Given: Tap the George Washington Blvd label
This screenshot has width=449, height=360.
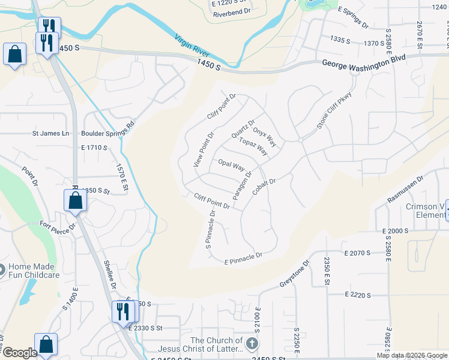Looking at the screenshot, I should click(364, 62).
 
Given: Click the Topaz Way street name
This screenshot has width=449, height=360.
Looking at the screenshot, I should click(253, 147).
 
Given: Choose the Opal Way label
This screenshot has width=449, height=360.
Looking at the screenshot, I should click(231, 164).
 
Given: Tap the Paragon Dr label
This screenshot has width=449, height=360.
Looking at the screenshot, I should click(242, 185).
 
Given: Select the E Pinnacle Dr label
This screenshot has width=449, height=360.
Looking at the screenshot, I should click(244, 259).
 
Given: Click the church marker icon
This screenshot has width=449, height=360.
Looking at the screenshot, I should click(252, 344).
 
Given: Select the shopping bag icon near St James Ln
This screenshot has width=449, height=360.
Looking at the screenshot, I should click(14, 55).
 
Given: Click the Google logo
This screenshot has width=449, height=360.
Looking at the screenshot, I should click(19, 353).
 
